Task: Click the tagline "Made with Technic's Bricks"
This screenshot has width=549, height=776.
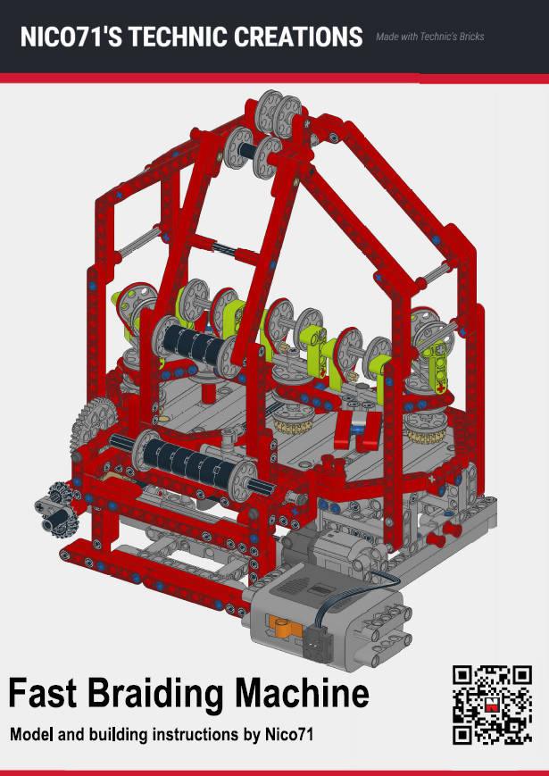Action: click(429, 37)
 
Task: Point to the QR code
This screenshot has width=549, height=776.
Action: click(492, 705)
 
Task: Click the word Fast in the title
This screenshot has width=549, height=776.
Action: click(43, 692)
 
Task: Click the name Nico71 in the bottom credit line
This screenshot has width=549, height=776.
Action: click(289, 734)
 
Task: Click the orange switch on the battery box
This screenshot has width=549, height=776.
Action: click(284, 627)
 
